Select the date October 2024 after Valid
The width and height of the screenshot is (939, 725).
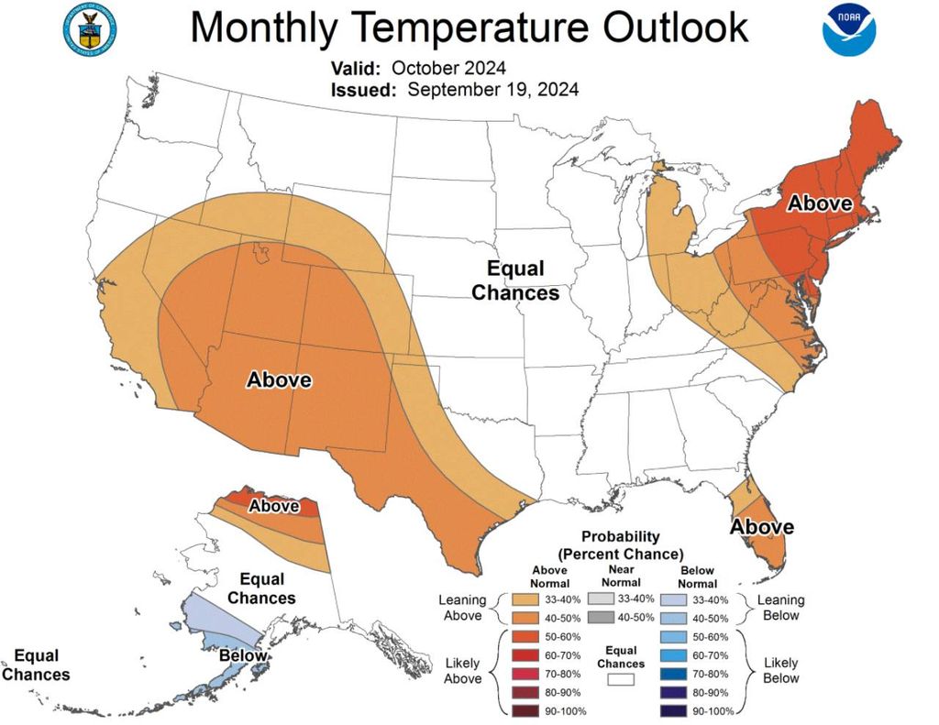point(448,69)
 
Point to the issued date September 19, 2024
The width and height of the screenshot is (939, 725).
point(492,90)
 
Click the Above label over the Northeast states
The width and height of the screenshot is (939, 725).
point(821,203)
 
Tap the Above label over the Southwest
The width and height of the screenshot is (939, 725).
point(279,379)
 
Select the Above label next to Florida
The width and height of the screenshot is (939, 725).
point(761,527)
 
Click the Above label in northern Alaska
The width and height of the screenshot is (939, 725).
point(274,505)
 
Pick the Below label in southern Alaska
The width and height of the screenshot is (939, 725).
point(243,655)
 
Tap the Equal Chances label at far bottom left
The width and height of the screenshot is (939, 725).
point(36,665)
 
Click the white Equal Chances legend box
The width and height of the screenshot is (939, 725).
point(621,680)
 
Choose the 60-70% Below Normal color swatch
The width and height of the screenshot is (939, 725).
point(674,655)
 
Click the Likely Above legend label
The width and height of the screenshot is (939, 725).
point(461,670)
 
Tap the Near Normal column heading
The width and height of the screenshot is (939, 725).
point(621,576)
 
